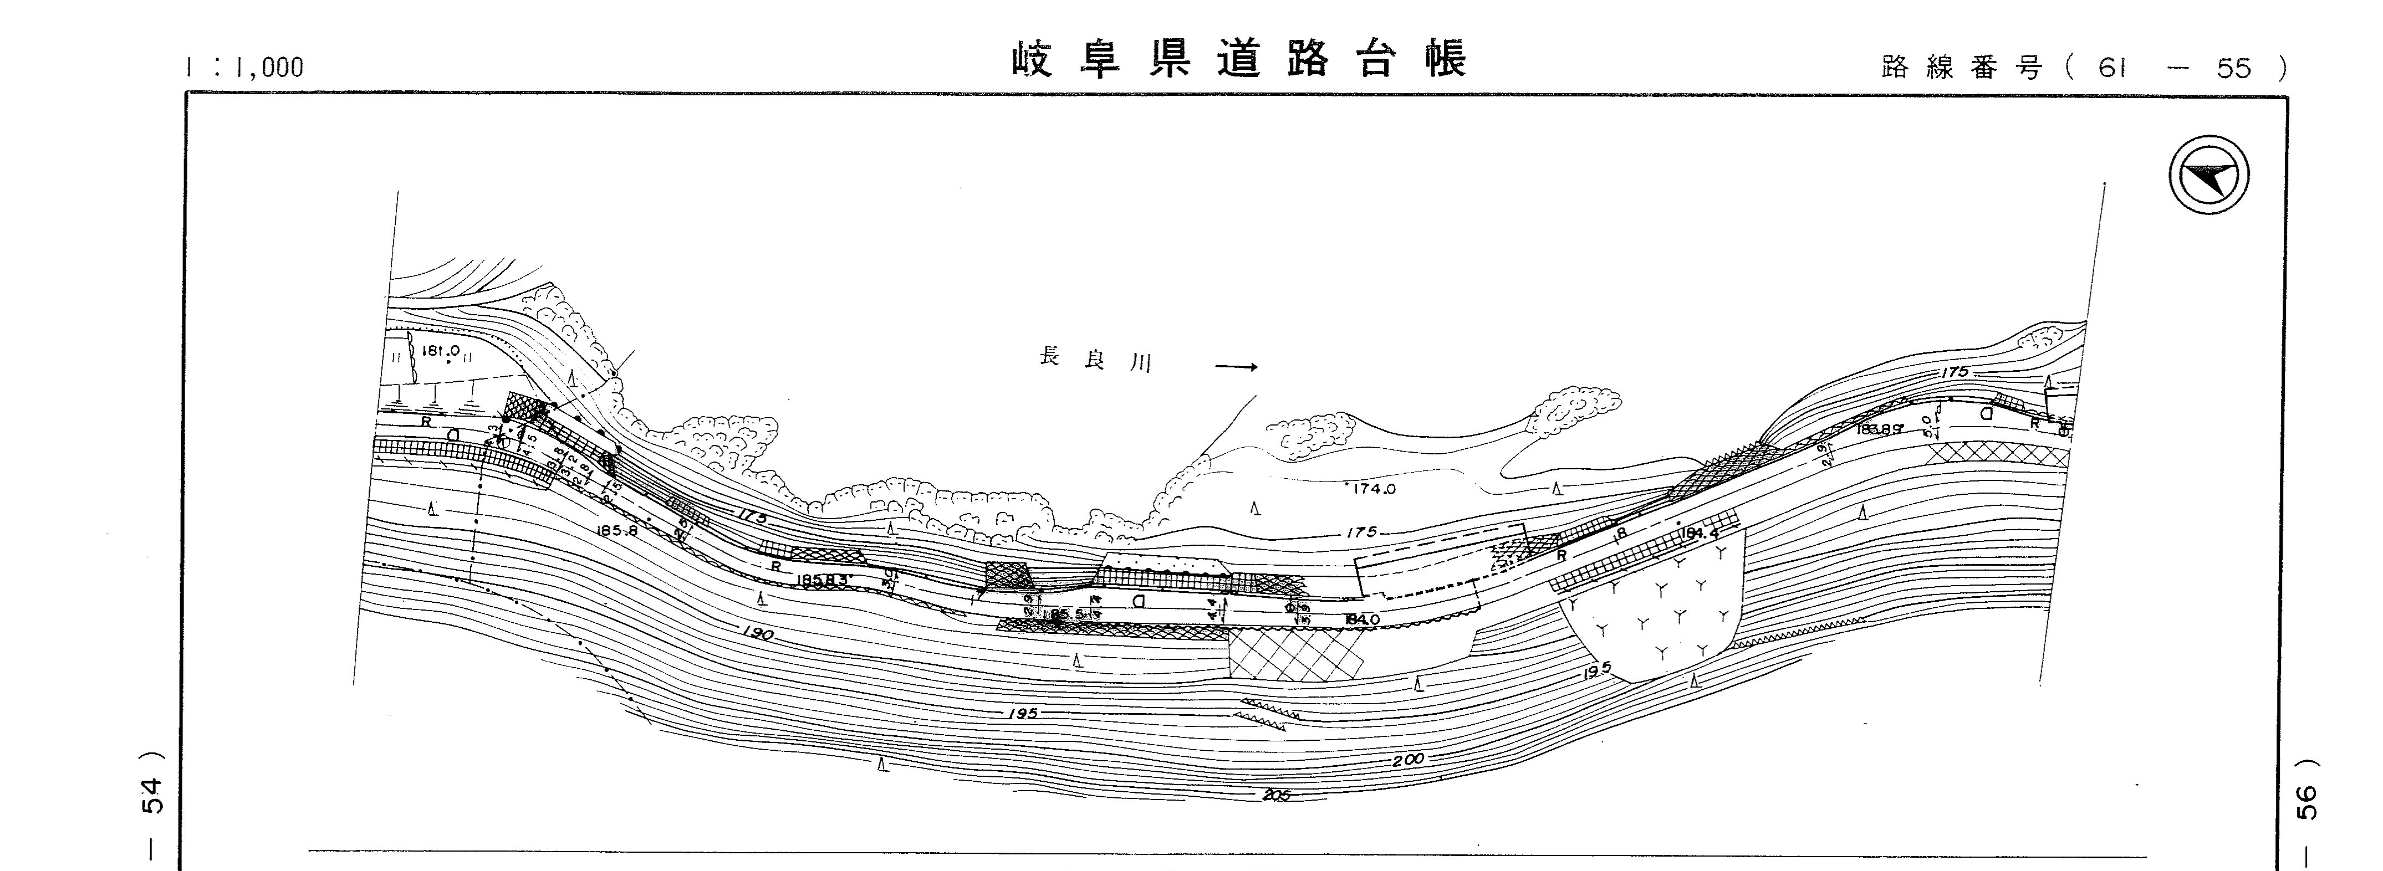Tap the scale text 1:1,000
pos(244,68)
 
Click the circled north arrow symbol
pos(2208,177)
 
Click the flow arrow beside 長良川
pos(1236,367)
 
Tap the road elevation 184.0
pos(1362,619)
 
